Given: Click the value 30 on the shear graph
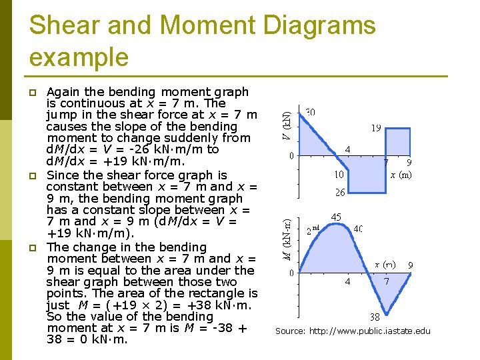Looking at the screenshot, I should [311, 112].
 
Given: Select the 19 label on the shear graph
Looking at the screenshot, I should [376, 127].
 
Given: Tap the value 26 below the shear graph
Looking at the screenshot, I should [340, 193].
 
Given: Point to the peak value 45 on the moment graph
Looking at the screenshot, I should [336, 217].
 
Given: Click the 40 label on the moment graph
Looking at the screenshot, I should [358, 229].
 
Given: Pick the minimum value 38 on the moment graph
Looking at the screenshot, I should [375, 317].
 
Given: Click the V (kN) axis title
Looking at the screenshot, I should [285, 125].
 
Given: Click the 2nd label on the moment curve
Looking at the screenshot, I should [313, 231].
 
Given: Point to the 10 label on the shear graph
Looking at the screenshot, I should [340, 175].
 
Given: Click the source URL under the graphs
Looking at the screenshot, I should [353, 331].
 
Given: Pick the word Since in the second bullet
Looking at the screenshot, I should [62, 175].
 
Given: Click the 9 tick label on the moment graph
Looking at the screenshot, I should [410, 265].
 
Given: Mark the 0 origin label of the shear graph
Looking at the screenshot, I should [291, 156].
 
